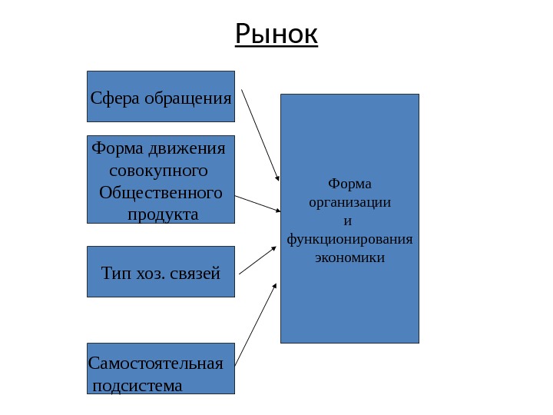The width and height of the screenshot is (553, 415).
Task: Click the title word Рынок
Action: click(x=276, y=34)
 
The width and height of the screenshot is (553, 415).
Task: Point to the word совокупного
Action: click(x=159, y=169)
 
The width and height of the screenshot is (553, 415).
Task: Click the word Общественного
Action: click(x=161, y=191)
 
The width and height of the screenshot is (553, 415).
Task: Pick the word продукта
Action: click(x=162, y=214)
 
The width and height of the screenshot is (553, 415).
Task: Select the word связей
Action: click(x=197, y=274)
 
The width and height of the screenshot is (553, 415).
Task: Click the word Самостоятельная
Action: click(x=156, y=363)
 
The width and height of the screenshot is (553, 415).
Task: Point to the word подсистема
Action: click(x=137, y=385)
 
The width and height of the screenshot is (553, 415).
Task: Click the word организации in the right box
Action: click(x=349, y=203)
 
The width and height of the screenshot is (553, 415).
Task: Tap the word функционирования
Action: click(x=349, y=239)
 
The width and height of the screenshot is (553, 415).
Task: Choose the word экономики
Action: click(x=349, y=257)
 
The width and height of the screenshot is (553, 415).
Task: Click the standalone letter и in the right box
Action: click(x=347, y=221)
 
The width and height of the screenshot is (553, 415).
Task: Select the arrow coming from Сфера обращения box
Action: click(x=260, y=135)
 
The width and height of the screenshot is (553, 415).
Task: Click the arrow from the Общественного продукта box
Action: click(x=257, y=204)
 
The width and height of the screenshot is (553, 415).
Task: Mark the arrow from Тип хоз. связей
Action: click(x=258, y=261)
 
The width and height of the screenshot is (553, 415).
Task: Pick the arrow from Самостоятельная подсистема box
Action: click(x=256, y=324)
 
